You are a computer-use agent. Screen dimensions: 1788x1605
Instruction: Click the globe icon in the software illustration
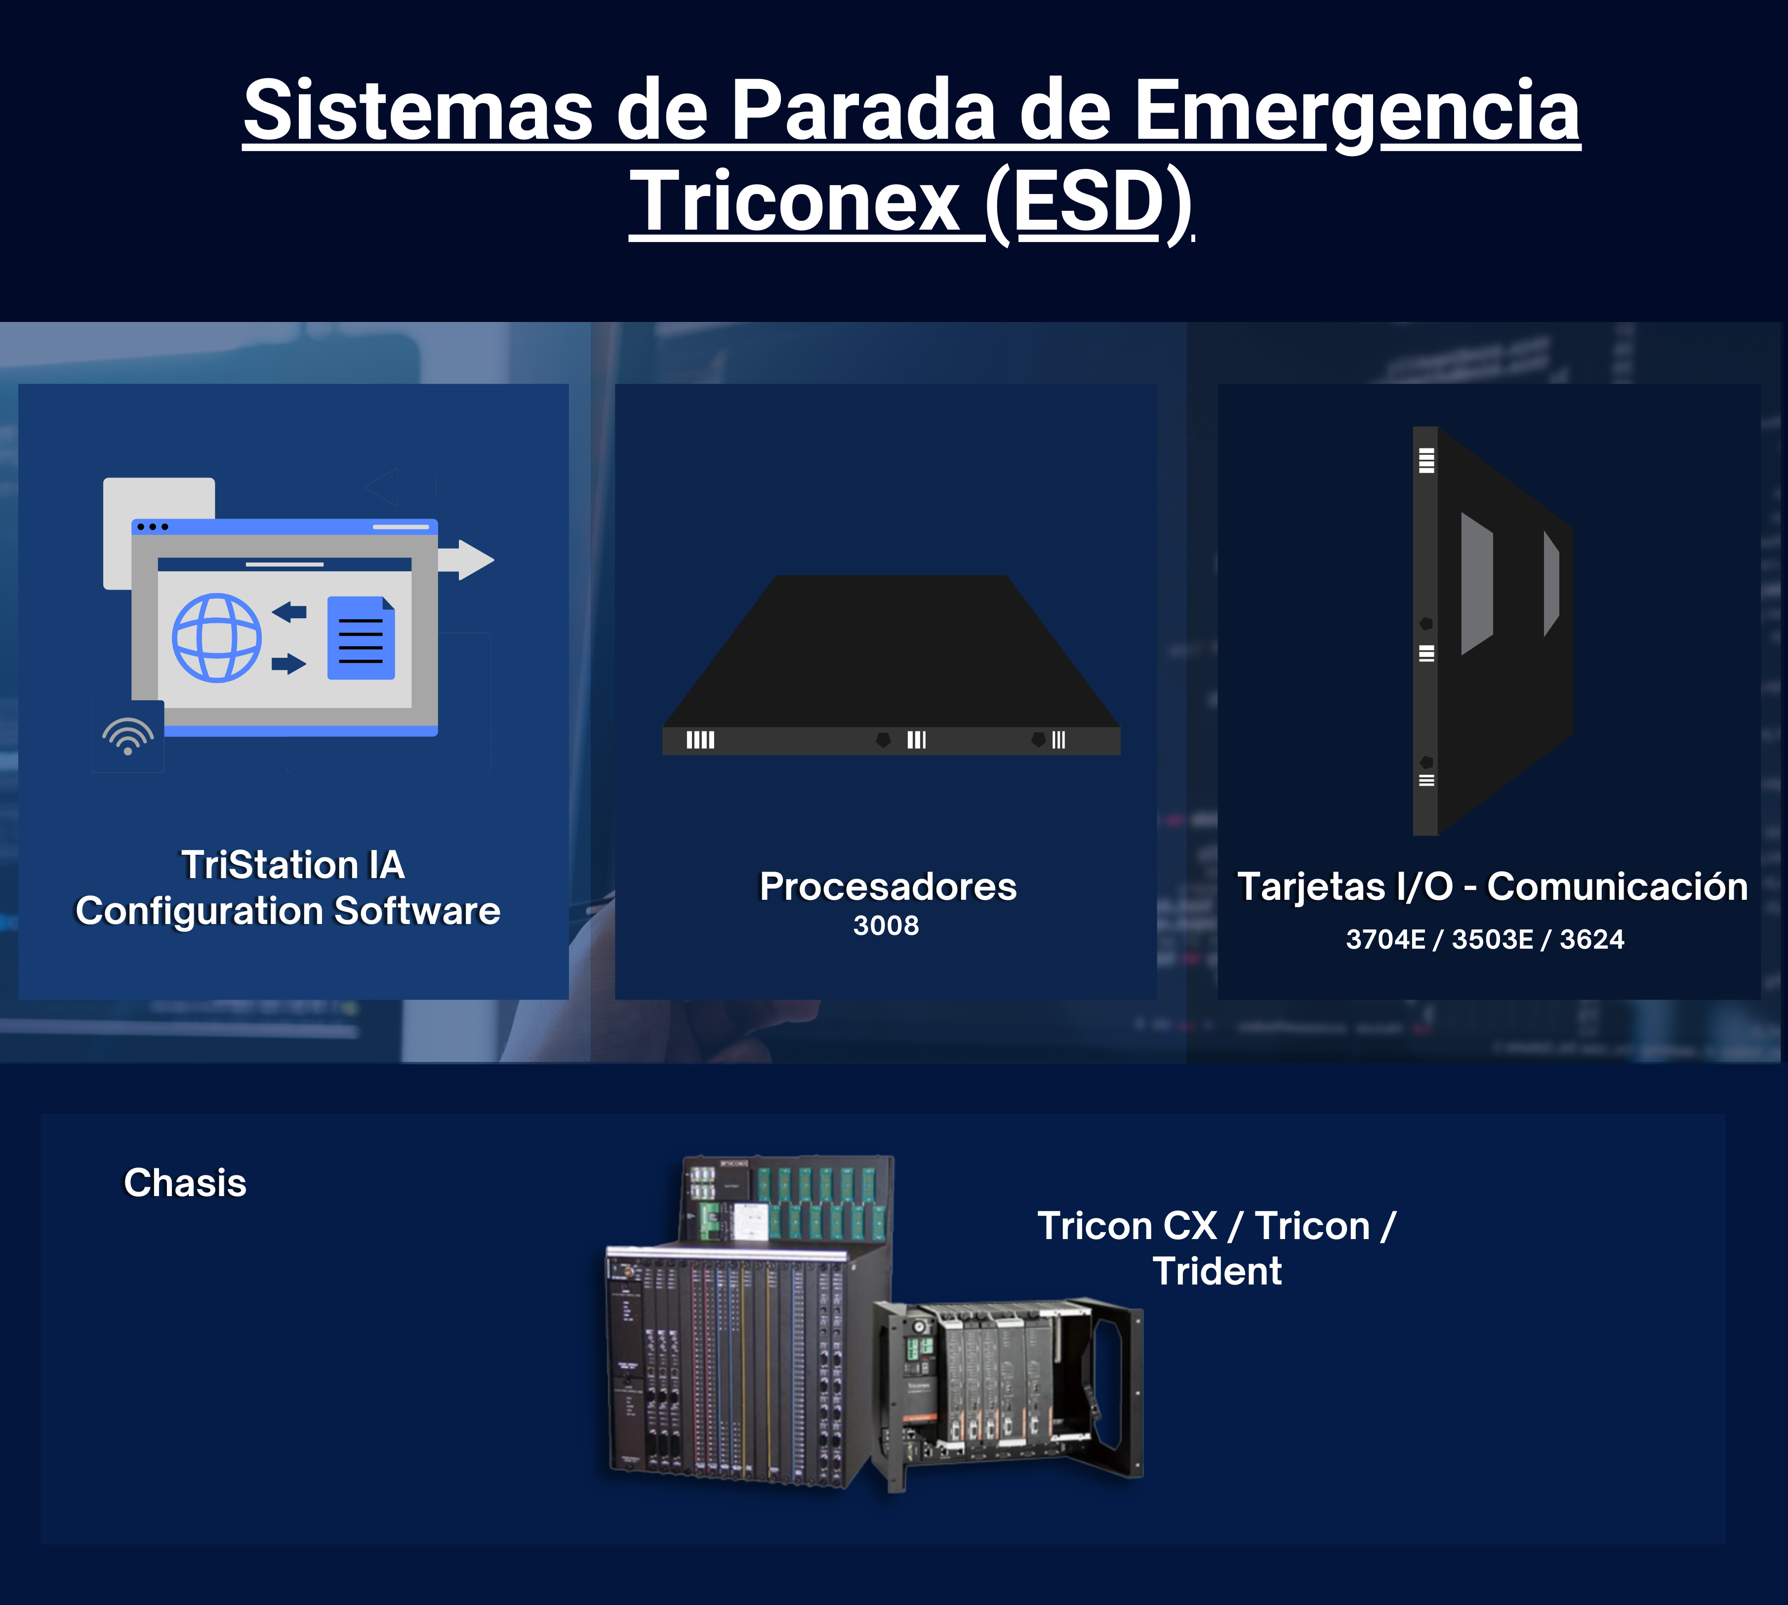click(216, 638)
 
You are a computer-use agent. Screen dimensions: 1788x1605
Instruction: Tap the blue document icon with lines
click(361, 638)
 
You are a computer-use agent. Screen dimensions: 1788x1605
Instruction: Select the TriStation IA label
click(293, 864)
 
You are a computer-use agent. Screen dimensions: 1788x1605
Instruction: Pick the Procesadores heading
click(888, 886)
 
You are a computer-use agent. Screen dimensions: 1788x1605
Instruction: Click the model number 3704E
click(1385, 939)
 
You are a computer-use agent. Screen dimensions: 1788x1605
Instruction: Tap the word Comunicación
click(1617, 886)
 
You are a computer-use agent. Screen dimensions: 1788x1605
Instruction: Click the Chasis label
click(185, 1183)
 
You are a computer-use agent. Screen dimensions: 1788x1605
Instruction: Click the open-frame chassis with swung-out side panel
click(1007, 1393)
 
